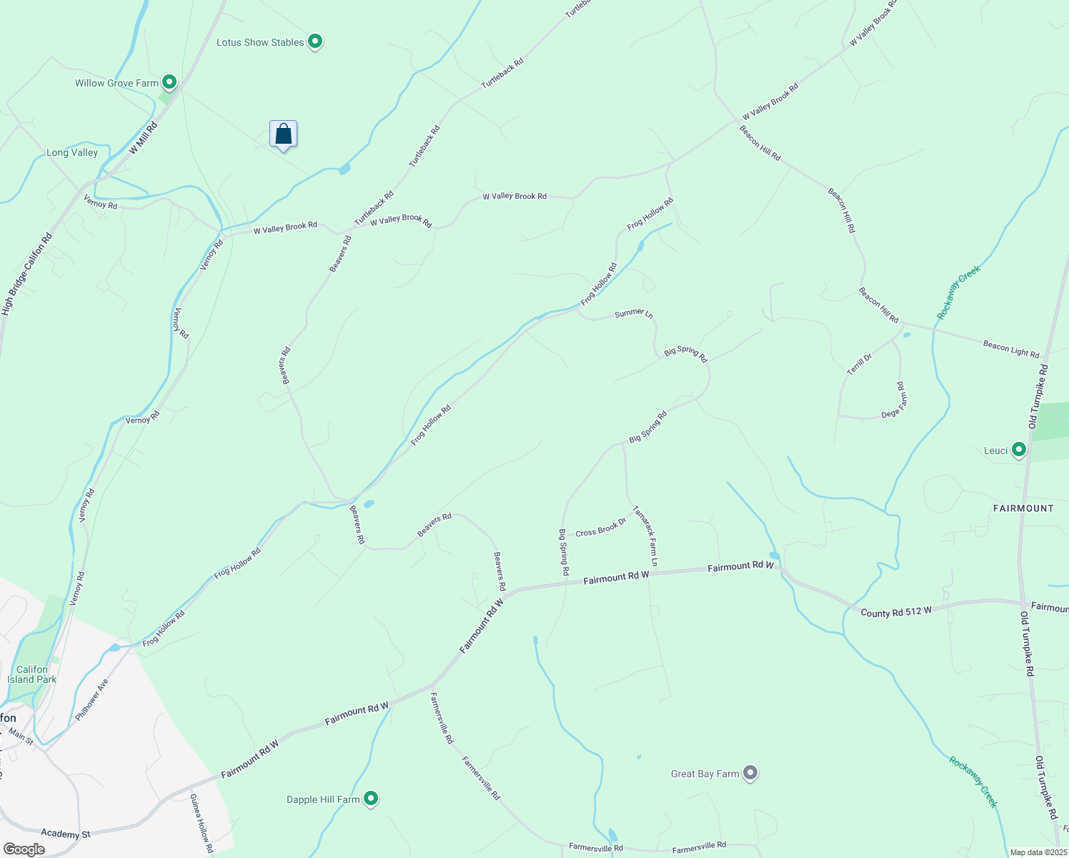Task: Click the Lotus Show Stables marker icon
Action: pyautogui.click(x=315, y=41)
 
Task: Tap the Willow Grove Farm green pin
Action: pyautogui.click(x=169, y=82)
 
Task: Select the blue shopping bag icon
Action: pyautogui.click(x=283, y=134)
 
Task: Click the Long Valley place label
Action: pyautogui.click(x=72, y=152)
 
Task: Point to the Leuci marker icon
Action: pyautogui.click(x=1019, y=450)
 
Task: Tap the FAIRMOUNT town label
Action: pyautogui.click(x=1023, y=508)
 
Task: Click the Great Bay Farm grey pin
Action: pyautogui.click(x=750, y=773)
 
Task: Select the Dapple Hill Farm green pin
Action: pyautogui.click(x=371, y=799)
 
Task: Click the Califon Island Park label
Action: pyautogui.click(x=32, y=675)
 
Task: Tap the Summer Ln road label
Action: pyautogui.click(x=634, y=313)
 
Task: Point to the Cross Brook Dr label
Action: pyautogui.click(x=601, y=528)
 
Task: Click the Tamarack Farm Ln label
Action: pyautogui.click(x=645, y=536)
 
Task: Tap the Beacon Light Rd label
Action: pyautogui.click(x=1010, y=349)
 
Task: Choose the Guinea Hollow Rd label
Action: pyautogui.click(x=202, y=822)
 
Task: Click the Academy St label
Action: pyautogui.click(x=66, y=834)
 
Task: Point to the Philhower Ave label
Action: pyautogui.click(x=91, y=699)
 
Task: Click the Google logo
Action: pyautogui.click(x=24, y=849)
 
